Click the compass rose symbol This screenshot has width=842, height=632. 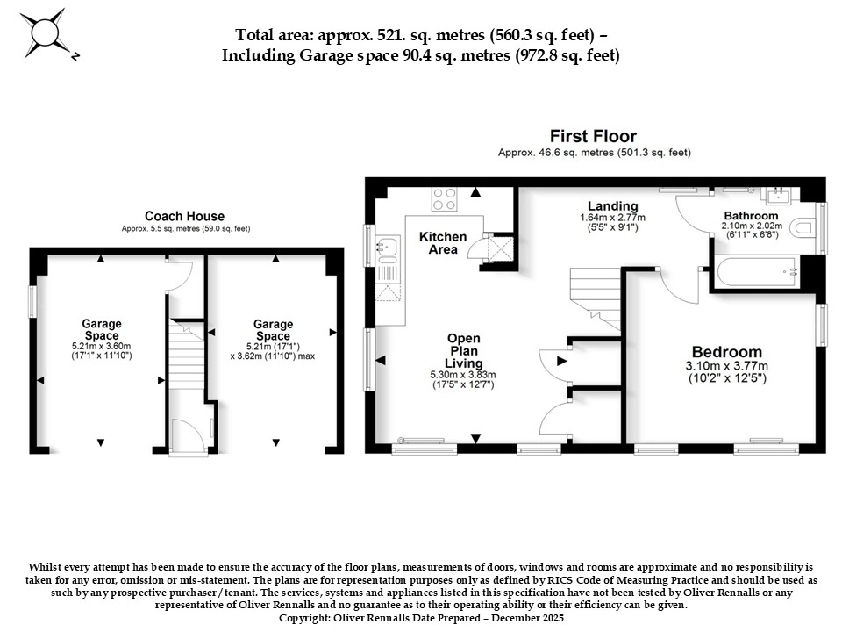46,33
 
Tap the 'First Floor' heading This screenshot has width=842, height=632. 593,136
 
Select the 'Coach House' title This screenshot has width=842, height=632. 185,216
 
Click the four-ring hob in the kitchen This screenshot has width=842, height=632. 445,198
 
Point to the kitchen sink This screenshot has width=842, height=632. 386,247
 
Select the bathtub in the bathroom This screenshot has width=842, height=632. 757,272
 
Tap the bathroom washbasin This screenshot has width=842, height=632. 780,195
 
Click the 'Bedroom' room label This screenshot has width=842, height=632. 727,352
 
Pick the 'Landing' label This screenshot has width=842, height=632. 613,205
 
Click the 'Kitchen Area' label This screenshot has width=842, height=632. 443,243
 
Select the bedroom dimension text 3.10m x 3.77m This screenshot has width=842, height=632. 727,366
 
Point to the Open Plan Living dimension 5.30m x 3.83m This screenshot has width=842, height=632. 463,375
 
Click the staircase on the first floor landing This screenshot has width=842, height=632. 595,298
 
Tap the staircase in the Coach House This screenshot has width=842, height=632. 187,359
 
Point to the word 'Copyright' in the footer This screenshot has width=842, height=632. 304,618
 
